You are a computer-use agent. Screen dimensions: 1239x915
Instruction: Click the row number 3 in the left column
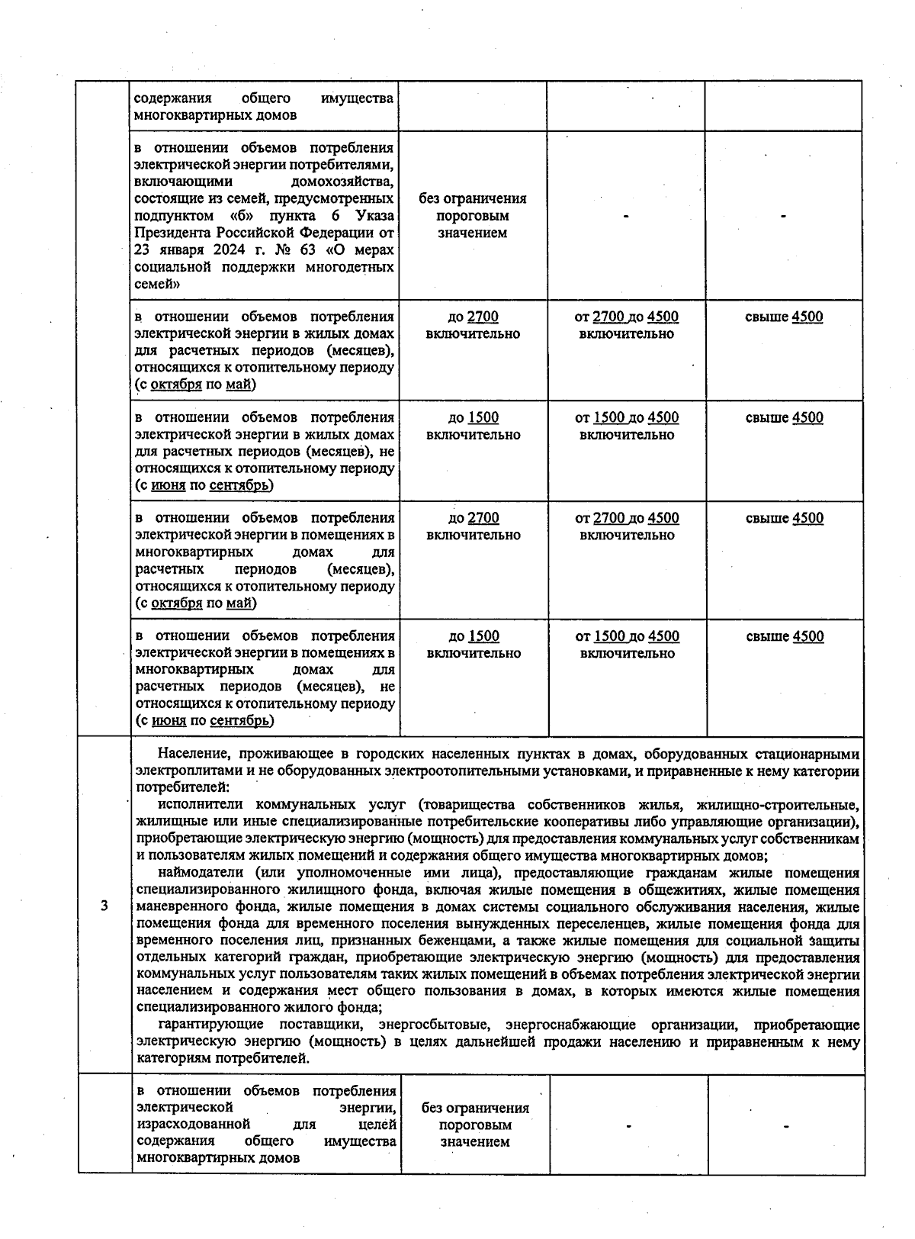(104, 906)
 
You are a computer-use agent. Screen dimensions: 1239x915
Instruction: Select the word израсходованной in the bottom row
(193, 1124)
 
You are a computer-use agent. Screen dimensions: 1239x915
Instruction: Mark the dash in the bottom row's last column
(785, 1125)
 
